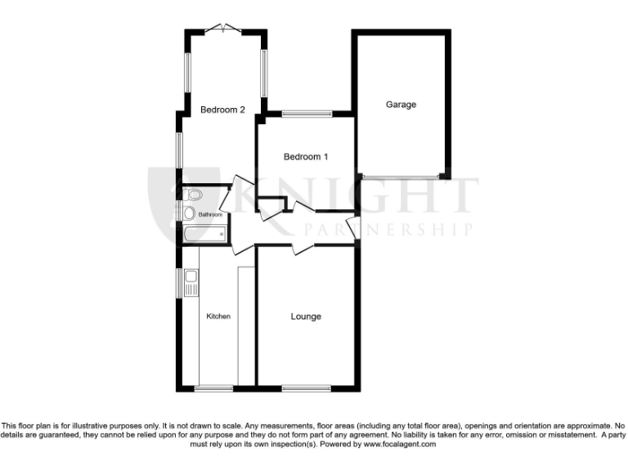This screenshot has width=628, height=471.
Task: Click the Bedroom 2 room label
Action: (222, 110)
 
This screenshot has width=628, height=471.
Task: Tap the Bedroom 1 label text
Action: (306, 156)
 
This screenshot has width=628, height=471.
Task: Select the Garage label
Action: (401, 105)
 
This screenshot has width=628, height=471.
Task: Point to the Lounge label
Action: (306, 316)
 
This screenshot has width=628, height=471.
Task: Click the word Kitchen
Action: (218, 316)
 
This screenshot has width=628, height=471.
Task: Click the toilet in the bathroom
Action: (192, 195)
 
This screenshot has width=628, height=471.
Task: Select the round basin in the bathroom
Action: (189, 213)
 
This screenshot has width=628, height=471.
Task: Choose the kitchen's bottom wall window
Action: (214, 388)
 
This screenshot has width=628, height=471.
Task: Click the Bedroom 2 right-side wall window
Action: (263, 71)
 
